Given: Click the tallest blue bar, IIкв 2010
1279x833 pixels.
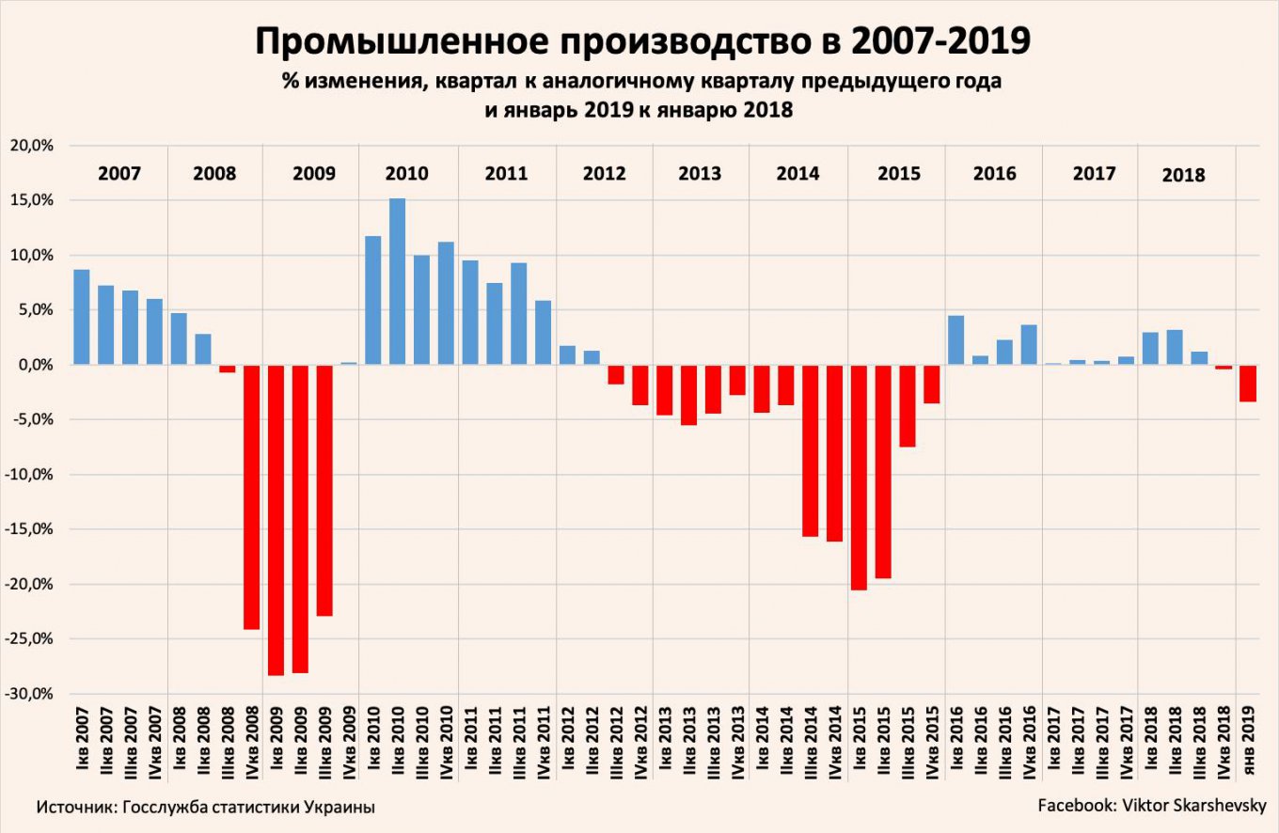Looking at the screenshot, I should click(397, 281).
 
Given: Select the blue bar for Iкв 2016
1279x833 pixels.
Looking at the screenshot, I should click(955, 339).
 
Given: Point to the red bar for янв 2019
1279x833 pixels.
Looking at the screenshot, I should click(1247, 383).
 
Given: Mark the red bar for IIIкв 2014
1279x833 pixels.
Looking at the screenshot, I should click(810, 450).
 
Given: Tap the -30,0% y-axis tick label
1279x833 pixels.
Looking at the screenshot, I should click(34, 694).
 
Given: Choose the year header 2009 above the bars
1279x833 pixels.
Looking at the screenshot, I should click(313, 174).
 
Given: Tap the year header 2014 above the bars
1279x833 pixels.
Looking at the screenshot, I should click(797, 174).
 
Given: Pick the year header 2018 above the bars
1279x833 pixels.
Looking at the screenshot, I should click(1183, 175).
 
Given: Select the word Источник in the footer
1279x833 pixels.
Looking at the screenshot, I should click(77, 808).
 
